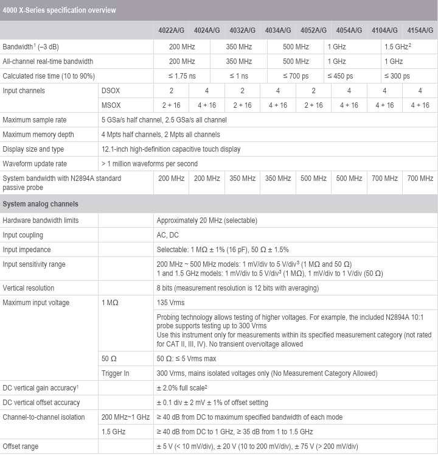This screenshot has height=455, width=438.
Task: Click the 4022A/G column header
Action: [170, 30]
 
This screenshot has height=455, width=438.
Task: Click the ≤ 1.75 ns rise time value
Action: [181, 76]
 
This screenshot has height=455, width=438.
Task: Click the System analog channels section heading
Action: [41, 203]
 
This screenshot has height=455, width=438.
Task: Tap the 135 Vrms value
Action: [170, 303]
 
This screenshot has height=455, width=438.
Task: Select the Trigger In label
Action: [115, 373]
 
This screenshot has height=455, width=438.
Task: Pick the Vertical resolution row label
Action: [29, 288]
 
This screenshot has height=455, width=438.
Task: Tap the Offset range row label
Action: [20, 446]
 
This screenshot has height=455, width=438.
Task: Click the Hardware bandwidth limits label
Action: [41, 220]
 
